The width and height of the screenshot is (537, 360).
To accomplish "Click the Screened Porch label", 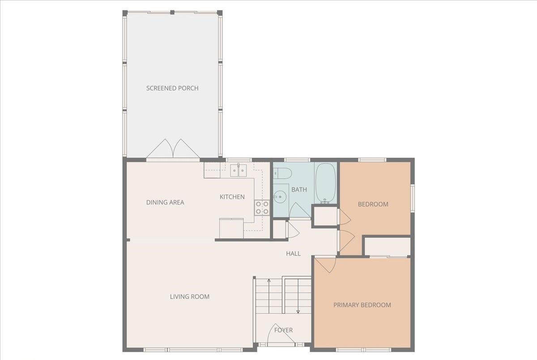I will tap(172, 88).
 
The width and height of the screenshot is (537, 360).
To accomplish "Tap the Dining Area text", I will tap(165, 202).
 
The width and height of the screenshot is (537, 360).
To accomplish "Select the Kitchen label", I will tap(232, 197).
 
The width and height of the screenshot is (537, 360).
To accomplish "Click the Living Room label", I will tap(189, 296).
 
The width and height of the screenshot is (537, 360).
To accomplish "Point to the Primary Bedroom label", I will tap(362, 305).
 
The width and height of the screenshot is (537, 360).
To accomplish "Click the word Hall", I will tap(293, 253).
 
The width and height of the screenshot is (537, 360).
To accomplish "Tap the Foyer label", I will tap(283, 330).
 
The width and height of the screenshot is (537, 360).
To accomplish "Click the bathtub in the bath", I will tap(325, 183).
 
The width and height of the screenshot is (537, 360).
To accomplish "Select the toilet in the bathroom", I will tap(283, 173).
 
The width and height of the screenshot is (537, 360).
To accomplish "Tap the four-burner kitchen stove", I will tap(262, 207).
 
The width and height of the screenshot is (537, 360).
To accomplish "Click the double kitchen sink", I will tap(239, 171).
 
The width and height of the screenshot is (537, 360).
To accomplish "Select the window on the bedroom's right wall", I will tap(413, 197).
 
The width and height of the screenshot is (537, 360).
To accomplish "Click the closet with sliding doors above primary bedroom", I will tap(388, 247).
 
